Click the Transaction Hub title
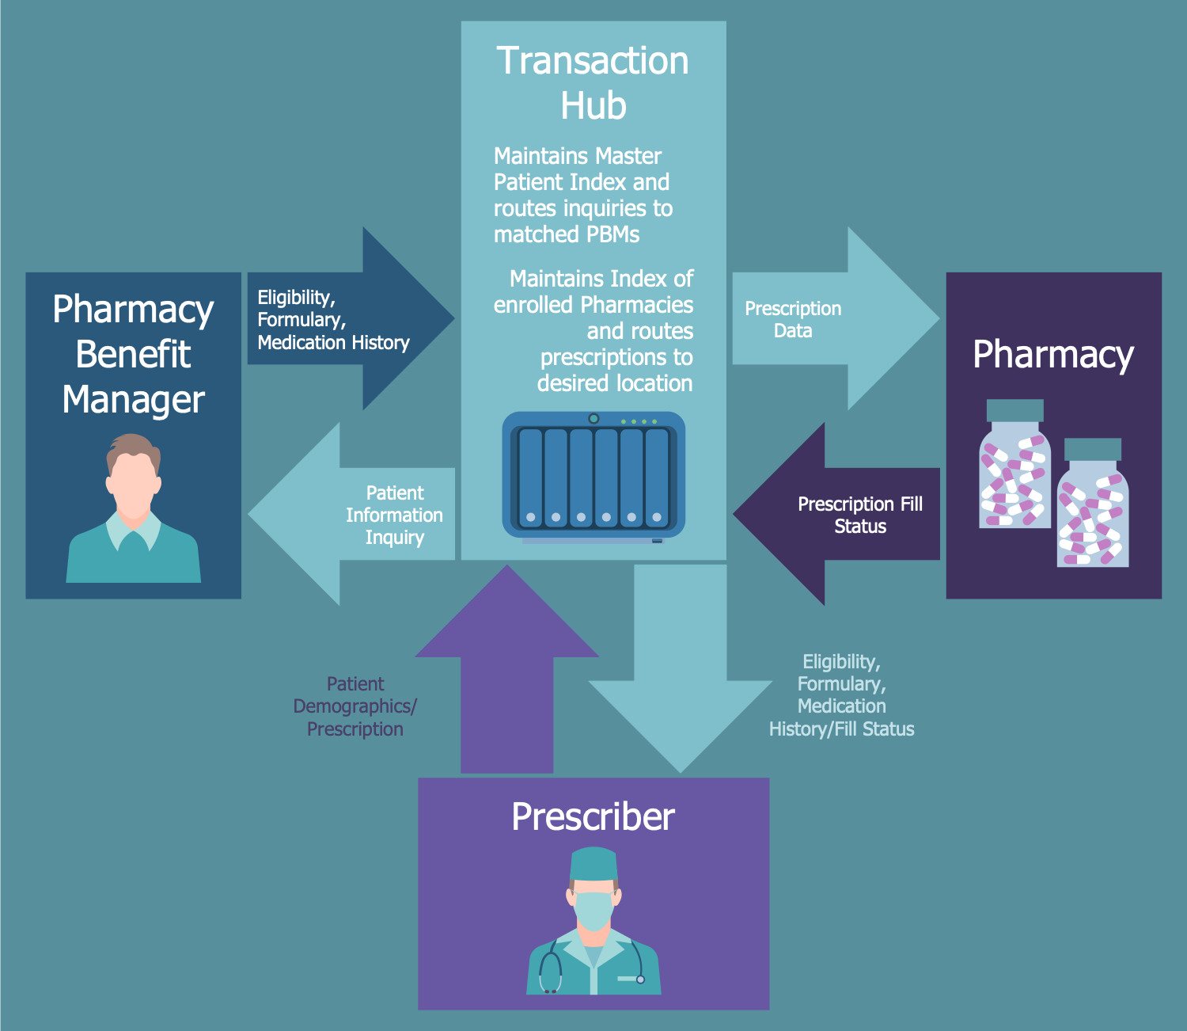(x=593, y=82)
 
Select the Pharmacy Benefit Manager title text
(x=133, y=354)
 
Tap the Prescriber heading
(x=593, y=816)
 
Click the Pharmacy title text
(x=1052, y=354)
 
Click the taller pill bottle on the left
(x=1014, y=467)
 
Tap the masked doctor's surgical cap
(x=593, y=864)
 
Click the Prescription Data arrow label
(x=793, y=319)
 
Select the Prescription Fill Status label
(x=860, y=515)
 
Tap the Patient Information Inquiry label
(x=394, y=515)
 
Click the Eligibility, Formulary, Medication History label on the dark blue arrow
(x=333, y=320)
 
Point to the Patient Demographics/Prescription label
(x=355, y=706)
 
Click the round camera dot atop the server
(x=593, y=419)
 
